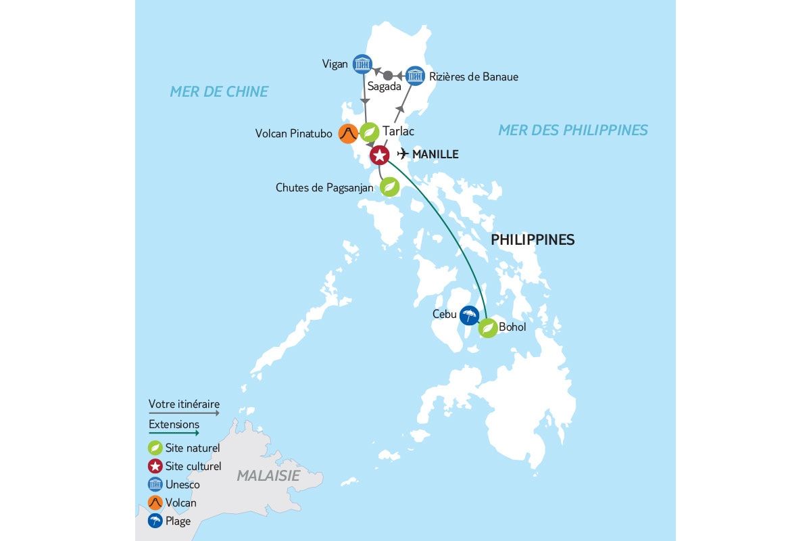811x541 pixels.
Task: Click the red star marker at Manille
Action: (380, 156)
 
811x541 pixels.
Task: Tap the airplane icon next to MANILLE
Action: (403, 154)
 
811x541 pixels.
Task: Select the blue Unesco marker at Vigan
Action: (363, 64)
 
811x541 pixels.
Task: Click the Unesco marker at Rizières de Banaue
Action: (415, 76)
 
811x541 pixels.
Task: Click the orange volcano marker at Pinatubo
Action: (348, 133)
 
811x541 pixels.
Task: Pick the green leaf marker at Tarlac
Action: (369, 132)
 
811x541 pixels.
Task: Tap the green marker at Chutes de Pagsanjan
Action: (389, 187)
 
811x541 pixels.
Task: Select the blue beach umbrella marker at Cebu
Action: (469, 314)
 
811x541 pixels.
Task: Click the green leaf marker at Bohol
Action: (488, 328)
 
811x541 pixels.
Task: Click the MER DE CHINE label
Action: (219, 91)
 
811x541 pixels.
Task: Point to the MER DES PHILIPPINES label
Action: (572, 130)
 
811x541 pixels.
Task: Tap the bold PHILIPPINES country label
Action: (533, 239)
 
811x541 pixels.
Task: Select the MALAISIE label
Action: (268, 475)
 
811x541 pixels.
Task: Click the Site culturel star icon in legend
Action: (155, 466)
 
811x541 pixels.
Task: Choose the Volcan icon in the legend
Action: (155, 502)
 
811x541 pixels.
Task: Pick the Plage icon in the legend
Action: (155, 521)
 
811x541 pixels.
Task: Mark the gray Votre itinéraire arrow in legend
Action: (184, 412)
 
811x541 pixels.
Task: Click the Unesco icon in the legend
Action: (155, 484)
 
